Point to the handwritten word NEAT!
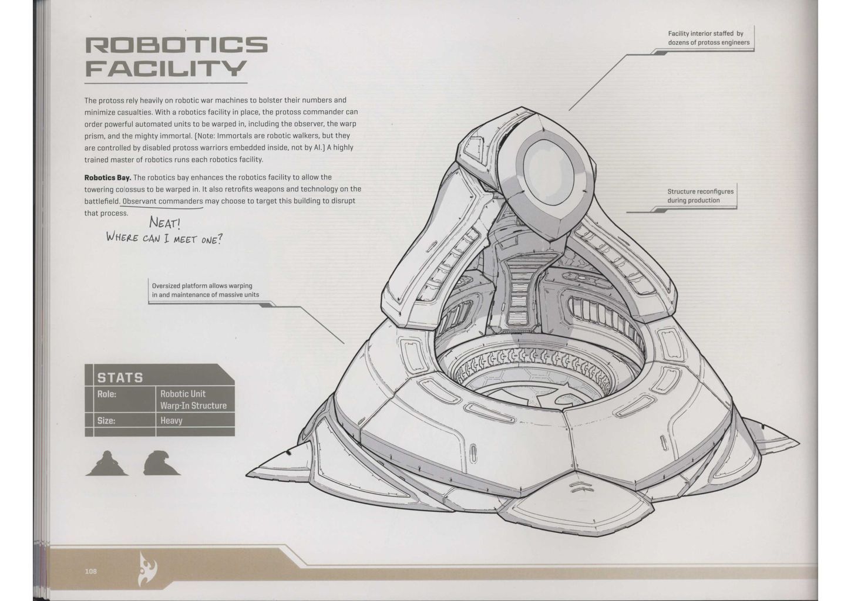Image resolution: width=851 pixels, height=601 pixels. point(164,222)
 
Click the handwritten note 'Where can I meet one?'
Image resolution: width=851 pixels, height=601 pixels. point(164,238)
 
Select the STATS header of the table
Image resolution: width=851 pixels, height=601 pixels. point(120,377)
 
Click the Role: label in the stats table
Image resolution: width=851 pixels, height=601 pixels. point(107,394)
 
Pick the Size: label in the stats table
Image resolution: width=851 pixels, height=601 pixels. point(106,421)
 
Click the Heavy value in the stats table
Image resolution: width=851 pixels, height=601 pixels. point(171,421)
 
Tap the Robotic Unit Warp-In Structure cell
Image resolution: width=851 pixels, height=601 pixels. point(193,400)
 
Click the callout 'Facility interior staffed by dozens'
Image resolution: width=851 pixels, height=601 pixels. point(708,38)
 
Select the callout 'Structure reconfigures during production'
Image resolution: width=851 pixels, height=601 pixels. point(700,196)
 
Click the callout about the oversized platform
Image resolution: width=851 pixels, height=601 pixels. point(206,291)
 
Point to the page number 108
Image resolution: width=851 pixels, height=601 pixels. point(90,571)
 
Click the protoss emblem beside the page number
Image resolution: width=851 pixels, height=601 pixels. point(149,568)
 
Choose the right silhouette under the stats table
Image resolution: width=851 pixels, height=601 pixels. point(161,463)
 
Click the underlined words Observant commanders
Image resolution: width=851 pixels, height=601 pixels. point(162,201)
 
